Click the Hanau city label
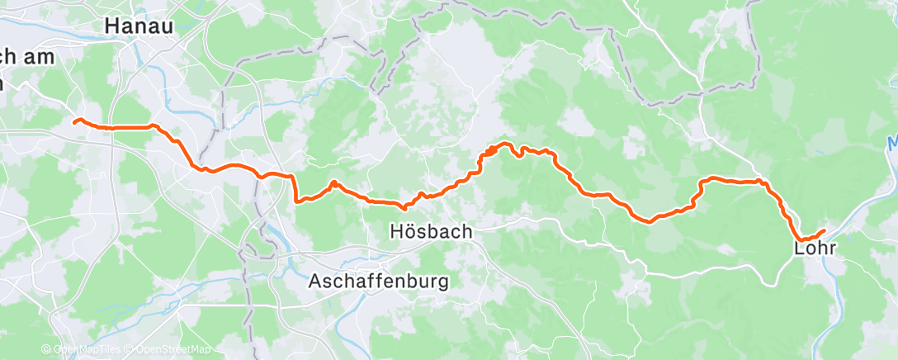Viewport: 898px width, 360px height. [x=138, y=26]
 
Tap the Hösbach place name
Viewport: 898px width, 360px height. [x=431, y=233]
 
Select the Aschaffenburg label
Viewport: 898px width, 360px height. [x=379, y=282]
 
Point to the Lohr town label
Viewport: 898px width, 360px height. [x=815, y=248]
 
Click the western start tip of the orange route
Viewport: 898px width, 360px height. [x=74, y=121]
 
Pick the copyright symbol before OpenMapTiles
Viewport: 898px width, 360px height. [x=46, y=350]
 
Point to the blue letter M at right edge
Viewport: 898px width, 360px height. [x=892, y=143]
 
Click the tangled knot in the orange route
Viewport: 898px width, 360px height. [x=492, y=150]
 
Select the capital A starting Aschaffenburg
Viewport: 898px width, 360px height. [x=315, y=282]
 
